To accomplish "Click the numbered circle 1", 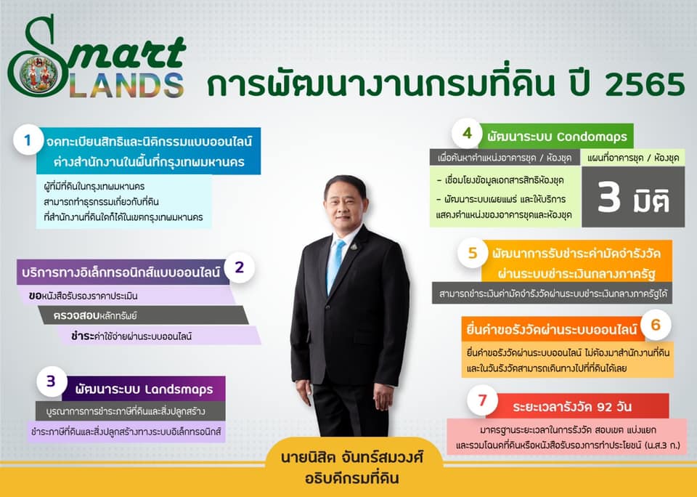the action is (x=28, y=140).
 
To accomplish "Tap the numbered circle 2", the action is (x=239, y=268).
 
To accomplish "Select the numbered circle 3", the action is (x=52, y=381).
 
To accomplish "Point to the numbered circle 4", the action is (x=467, y=133).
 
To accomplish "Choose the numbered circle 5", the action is (x=473, y=253).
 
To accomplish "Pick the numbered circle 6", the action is (x=656, y=326).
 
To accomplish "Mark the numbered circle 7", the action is (x=482, y=400).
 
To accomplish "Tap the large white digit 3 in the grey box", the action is (x=608, y=197).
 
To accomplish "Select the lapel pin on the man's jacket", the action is (x=354, y=246).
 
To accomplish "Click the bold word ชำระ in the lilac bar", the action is (x=83, y=336).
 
